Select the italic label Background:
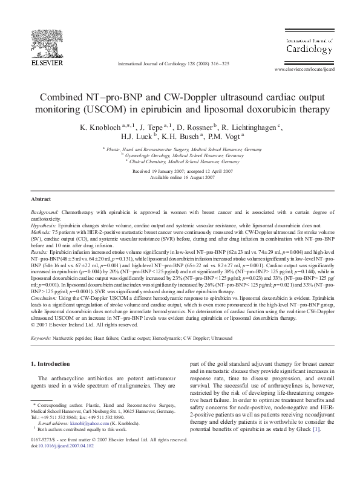tap(45, 213)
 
